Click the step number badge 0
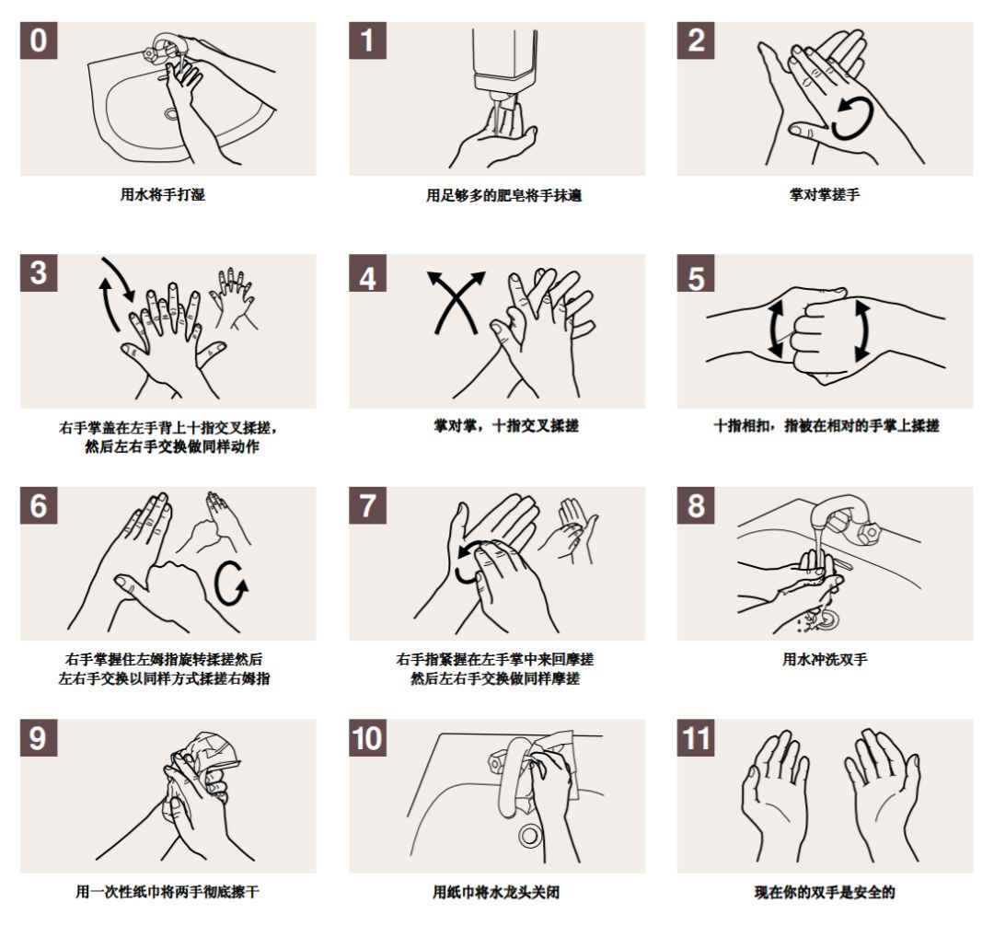pyautogui.click(x=39, y=40)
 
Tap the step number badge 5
pyautogui.click(x=696, y=273)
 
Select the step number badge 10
pyautogui.click(x=367, y=738)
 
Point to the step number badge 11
pyautogui.click(x=696, y=738)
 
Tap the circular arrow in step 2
pyautogui.click(x=852, y=119)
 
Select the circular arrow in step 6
pyautogui.click(x=229, y=584)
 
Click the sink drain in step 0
pyautogui.click(x=171, y=114)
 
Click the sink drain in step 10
pyautogui.click(x=529, y=835)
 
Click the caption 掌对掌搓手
pyautogui.click(x=825, y=194)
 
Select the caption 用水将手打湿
pyautogui.click(x=163, y=194)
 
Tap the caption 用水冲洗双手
pyautogui.click(x=825, y=659)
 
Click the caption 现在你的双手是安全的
pyautogui.click(x=825, y=892)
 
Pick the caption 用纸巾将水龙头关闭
pyautogui.click(x=496, y=892)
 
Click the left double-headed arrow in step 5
pyautogui.click(x=775, y=329)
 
